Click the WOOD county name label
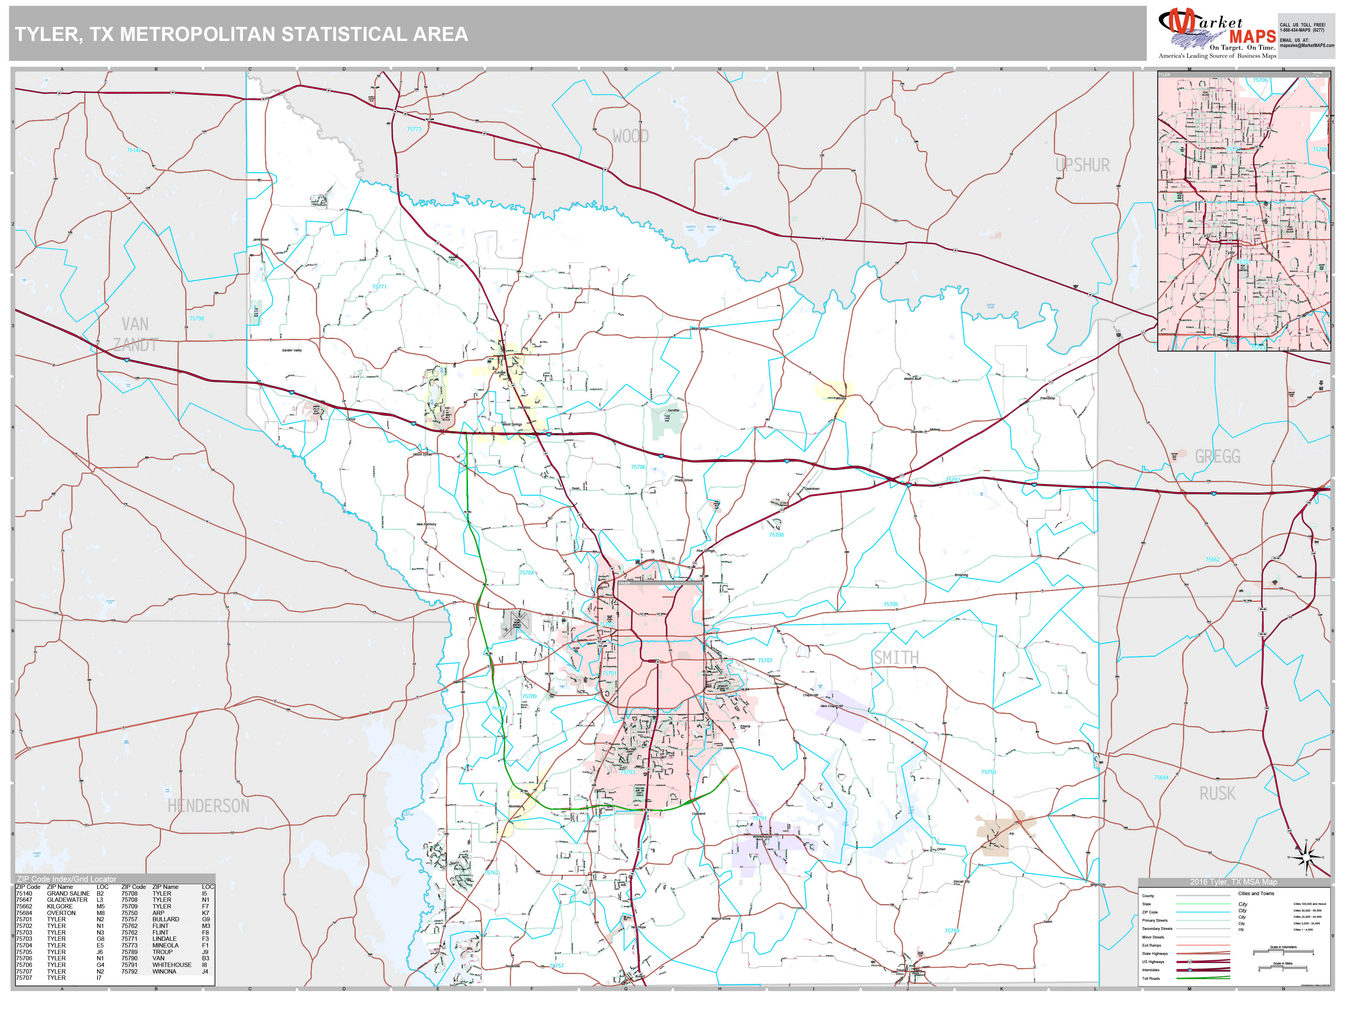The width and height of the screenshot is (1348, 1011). point(630,137)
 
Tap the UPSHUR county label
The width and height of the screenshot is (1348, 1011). point(1082,165)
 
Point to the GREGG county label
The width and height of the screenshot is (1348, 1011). point(1217,456)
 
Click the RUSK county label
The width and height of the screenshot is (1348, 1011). point(1217,793)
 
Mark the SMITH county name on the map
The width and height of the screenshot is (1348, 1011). point(896,658)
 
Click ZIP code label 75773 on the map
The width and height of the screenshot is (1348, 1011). point(414,129)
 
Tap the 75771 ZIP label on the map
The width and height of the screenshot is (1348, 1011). point(379,286)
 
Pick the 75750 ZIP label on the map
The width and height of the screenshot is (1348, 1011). point(988,772)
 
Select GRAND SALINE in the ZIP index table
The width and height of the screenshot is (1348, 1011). point(68,893)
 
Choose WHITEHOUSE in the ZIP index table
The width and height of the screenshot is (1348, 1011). point(172,965)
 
